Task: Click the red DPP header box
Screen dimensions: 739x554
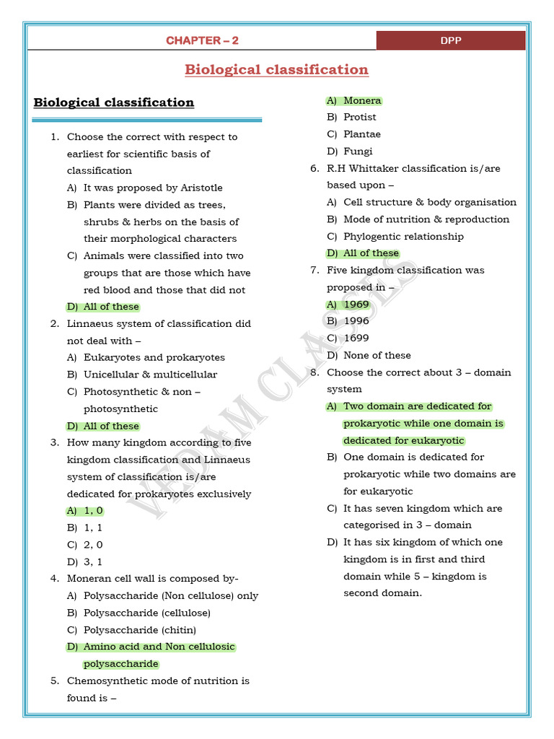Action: tap(450, 40)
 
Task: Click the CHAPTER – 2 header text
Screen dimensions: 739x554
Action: tap(202, 40)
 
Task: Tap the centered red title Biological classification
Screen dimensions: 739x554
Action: tap(276, 70)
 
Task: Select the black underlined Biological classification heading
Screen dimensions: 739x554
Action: tap(114, 102)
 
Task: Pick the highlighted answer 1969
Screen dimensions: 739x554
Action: tap(356, 305)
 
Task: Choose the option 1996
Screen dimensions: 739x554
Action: tap(356, 321)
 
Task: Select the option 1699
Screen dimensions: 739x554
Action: tap(356, 338)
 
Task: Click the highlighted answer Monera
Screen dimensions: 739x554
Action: tap(361, 100)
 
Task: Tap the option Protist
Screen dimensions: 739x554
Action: tap(359, 117)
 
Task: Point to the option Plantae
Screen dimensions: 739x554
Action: tap(361, 134)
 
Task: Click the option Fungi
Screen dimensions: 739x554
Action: tap(358, 151)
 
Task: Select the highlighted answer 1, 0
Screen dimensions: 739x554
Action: tap(93, 511)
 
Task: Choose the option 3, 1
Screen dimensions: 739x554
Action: tap(93, 561)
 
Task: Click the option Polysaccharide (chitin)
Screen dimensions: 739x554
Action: tap(139, 630)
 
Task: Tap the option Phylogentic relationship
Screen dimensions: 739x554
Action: tap(403, 237)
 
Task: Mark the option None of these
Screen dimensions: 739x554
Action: tap(377, 355)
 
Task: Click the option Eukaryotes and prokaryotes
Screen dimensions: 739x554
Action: tap(154, 357)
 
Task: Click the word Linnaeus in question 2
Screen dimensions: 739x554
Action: tap(90, 323)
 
